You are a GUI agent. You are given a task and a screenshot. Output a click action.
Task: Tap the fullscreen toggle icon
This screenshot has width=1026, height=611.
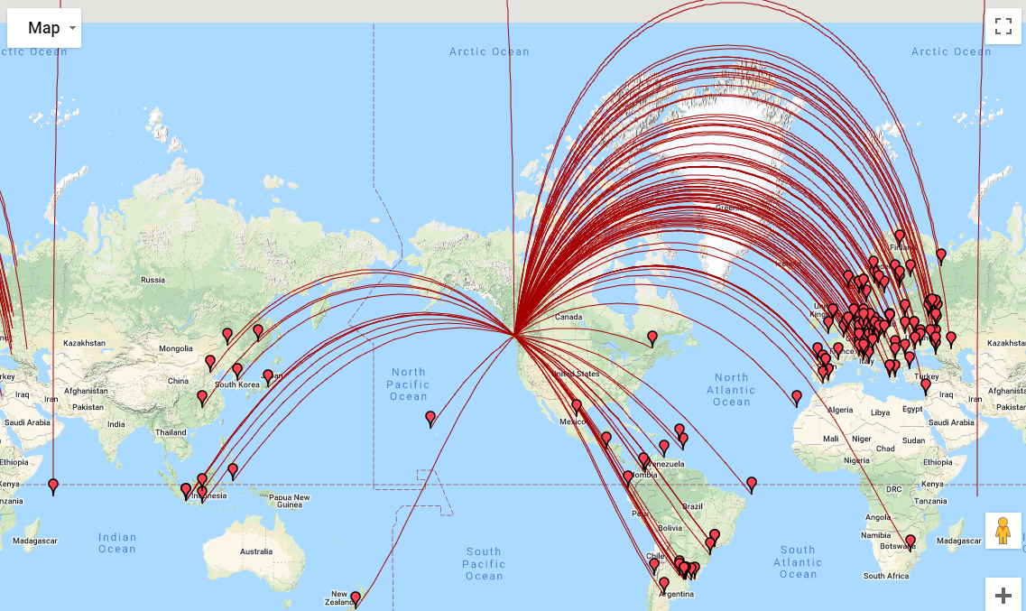(1003, 25)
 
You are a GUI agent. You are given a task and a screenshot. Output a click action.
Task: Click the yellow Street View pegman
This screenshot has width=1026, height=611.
(1003, 531)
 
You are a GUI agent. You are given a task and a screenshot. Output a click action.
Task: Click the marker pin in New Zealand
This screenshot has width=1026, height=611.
(356, 598)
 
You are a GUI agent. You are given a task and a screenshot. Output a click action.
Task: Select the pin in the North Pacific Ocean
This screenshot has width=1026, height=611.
(430, 418)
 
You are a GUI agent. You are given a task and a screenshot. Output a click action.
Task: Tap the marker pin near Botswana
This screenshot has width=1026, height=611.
(910, 542)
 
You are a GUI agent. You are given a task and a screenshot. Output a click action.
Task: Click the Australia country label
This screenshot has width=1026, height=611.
(255, 551)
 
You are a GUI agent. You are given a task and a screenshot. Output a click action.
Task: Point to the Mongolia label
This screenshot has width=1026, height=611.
(175, 348)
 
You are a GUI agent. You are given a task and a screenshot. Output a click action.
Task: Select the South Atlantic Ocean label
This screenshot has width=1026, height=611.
(798, 561)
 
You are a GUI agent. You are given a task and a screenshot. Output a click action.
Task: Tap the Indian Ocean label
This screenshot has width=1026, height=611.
(117, 542)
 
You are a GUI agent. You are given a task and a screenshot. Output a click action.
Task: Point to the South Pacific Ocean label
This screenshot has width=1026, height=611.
(484, 563)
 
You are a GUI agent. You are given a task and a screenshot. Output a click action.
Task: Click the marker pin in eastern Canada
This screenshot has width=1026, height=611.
(652, 338)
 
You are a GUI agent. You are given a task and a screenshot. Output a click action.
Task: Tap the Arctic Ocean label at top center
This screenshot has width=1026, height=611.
(489, 51)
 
